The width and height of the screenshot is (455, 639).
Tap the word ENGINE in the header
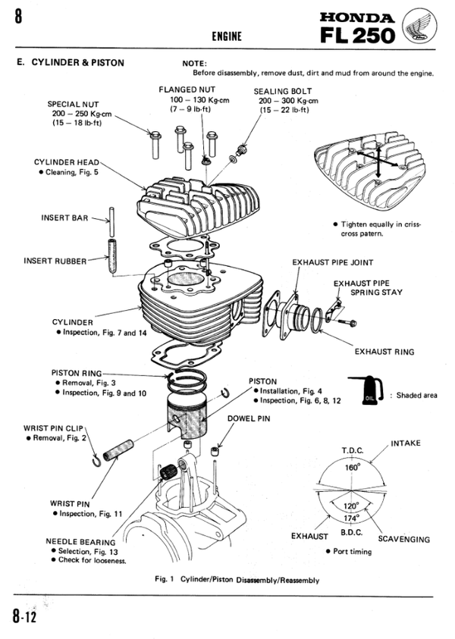(x=228, y=36)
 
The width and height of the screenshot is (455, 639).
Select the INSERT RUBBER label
(x=55, y=260)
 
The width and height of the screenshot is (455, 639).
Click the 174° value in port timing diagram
(x=351, y=518)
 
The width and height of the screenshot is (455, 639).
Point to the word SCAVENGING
(x=403, y=540)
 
